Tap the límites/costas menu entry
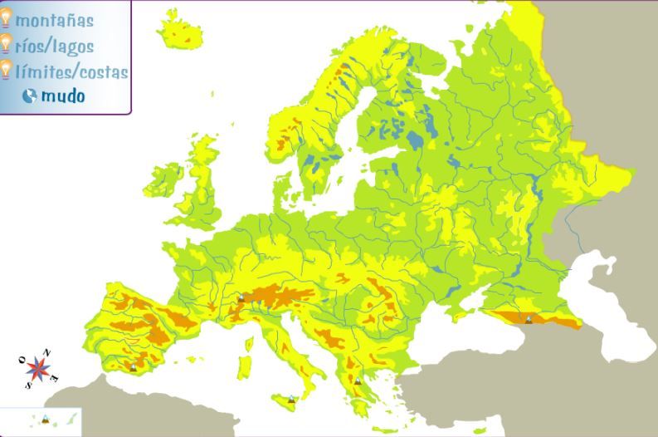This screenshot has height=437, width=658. [x=71, y=72]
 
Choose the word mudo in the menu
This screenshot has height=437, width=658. [x=63, y=96]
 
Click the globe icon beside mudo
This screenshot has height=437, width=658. [x=30, y=96]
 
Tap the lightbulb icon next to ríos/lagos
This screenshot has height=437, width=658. [x=6, y=44]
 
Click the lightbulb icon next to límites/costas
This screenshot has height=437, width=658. [x=6, y=70]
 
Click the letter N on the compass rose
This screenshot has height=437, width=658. [x=47, y=353]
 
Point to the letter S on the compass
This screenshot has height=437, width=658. [x=27, y=385]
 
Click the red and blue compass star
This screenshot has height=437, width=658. [x=37, y=368]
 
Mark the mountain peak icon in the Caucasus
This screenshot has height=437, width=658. [x=528, y=319]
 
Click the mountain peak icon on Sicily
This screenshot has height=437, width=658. [x=291, y=400]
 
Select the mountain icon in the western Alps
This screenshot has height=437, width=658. [x=241, y=297]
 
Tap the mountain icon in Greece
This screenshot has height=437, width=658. [x=358, y=381]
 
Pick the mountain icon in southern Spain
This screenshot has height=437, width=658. [x=133, y=366]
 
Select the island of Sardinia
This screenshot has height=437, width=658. [x=245, y=366]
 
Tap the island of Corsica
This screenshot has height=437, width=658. [x=248, y=339]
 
